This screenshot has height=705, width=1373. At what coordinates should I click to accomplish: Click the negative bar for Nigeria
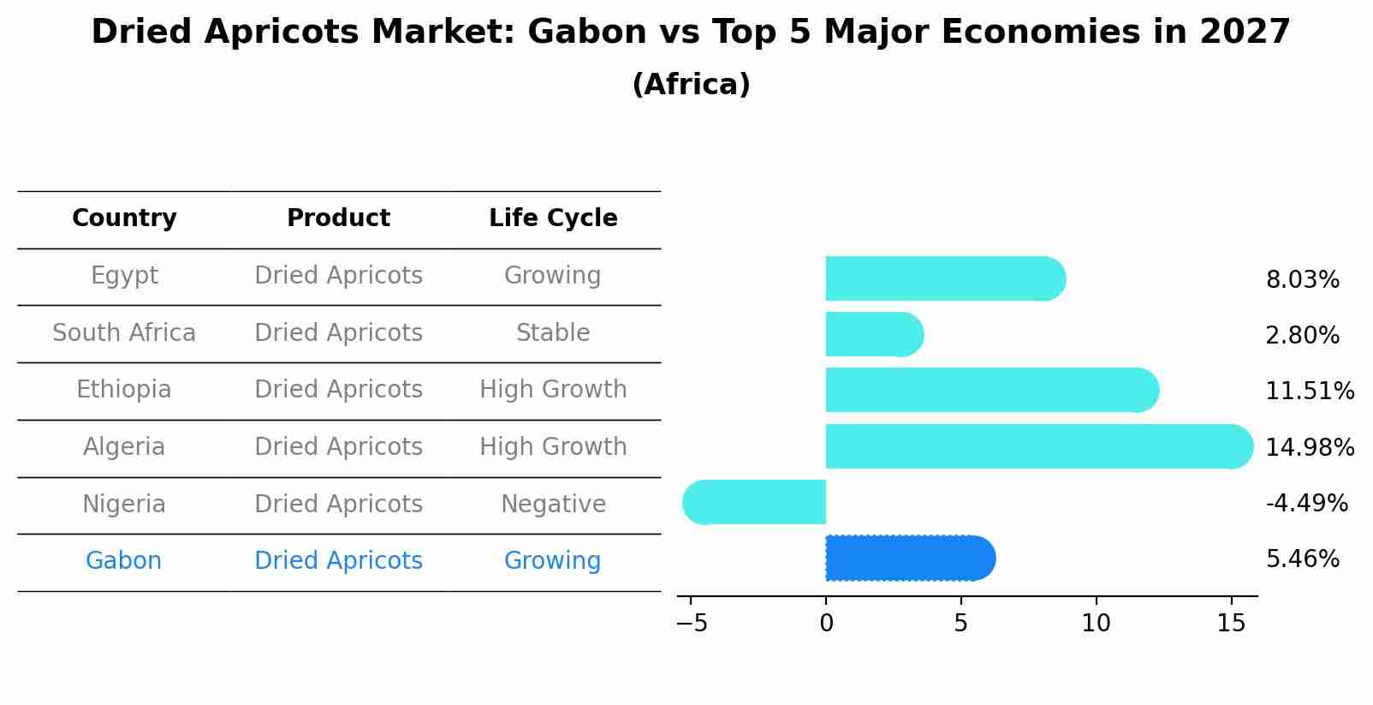753,502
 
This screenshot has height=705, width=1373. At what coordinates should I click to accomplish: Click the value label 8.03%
1302,280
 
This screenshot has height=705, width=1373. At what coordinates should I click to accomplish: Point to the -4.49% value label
1306,503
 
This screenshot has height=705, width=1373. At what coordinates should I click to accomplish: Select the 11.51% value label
1309,391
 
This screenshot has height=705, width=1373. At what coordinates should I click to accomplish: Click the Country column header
124,218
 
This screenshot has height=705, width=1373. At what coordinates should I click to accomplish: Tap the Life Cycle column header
553,218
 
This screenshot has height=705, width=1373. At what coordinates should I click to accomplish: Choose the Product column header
338,218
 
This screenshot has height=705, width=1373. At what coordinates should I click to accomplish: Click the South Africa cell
124,332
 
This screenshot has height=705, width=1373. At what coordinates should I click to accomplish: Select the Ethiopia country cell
124,390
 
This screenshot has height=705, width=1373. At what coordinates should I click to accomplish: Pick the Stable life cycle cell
553,332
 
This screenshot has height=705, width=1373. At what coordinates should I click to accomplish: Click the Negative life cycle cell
553,504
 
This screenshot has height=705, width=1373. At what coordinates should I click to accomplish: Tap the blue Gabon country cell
124,561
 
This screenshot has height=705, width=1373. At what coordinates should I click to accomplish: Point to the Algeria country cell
124,447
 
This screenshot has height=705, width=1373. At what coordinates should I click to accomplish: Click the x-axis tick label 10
1096,624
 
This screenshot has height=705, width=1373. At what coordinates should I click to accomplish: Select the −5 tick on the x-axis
692,624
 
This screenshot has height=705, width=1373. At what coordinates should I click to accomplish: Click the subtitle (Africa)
691,85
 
